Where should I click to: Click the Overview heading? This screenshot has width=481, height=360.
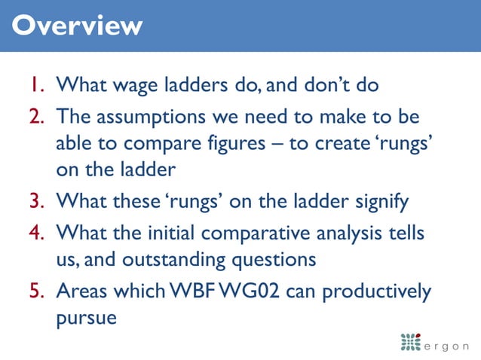[78, 26]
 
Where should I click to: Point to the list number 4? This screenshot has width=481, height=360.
[38, 233]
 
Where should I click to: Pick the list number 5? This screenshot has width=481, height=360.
[38, 291]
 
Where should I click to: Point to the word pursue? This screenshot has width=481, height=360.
[87, 319]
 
